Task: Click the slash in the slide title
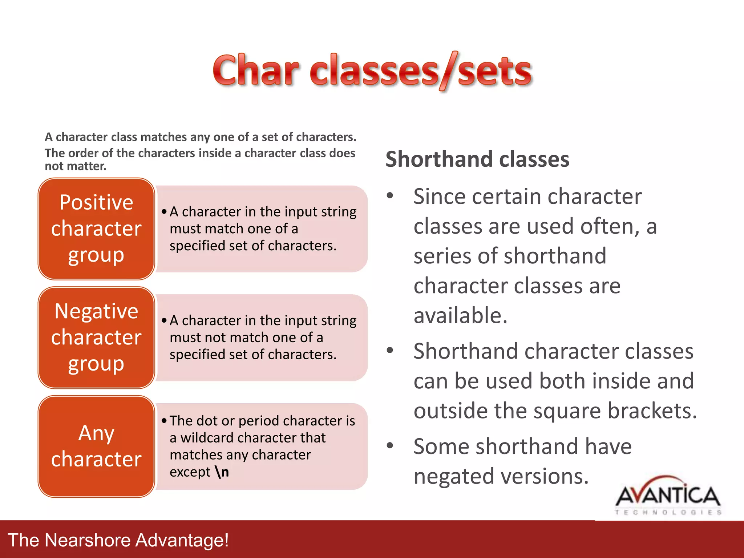pyautogui.click(x=448, y=70)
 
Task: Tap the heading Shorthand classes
pyautogui.click(x=477, y=159)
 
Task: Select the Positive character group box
pyautogui.click(x=96, y=229)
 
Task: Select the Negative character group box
pyautogui.click(x=96, y=337)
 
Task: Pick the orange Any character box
pyautogui.click(x=96, y=446)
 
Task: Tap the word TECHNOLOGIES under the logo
pyautogui.click(x=668, y=512)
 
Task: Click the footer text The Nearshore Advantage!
pyautogui.click(x=118, y=540)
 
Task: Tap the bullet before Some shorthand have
pyautogui.click(x=390, y=446)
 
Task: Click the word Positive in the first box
pyautogui.click(x=96, y=202)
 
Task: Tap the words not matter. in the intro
pyautogui.click(x=76, y=166)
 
